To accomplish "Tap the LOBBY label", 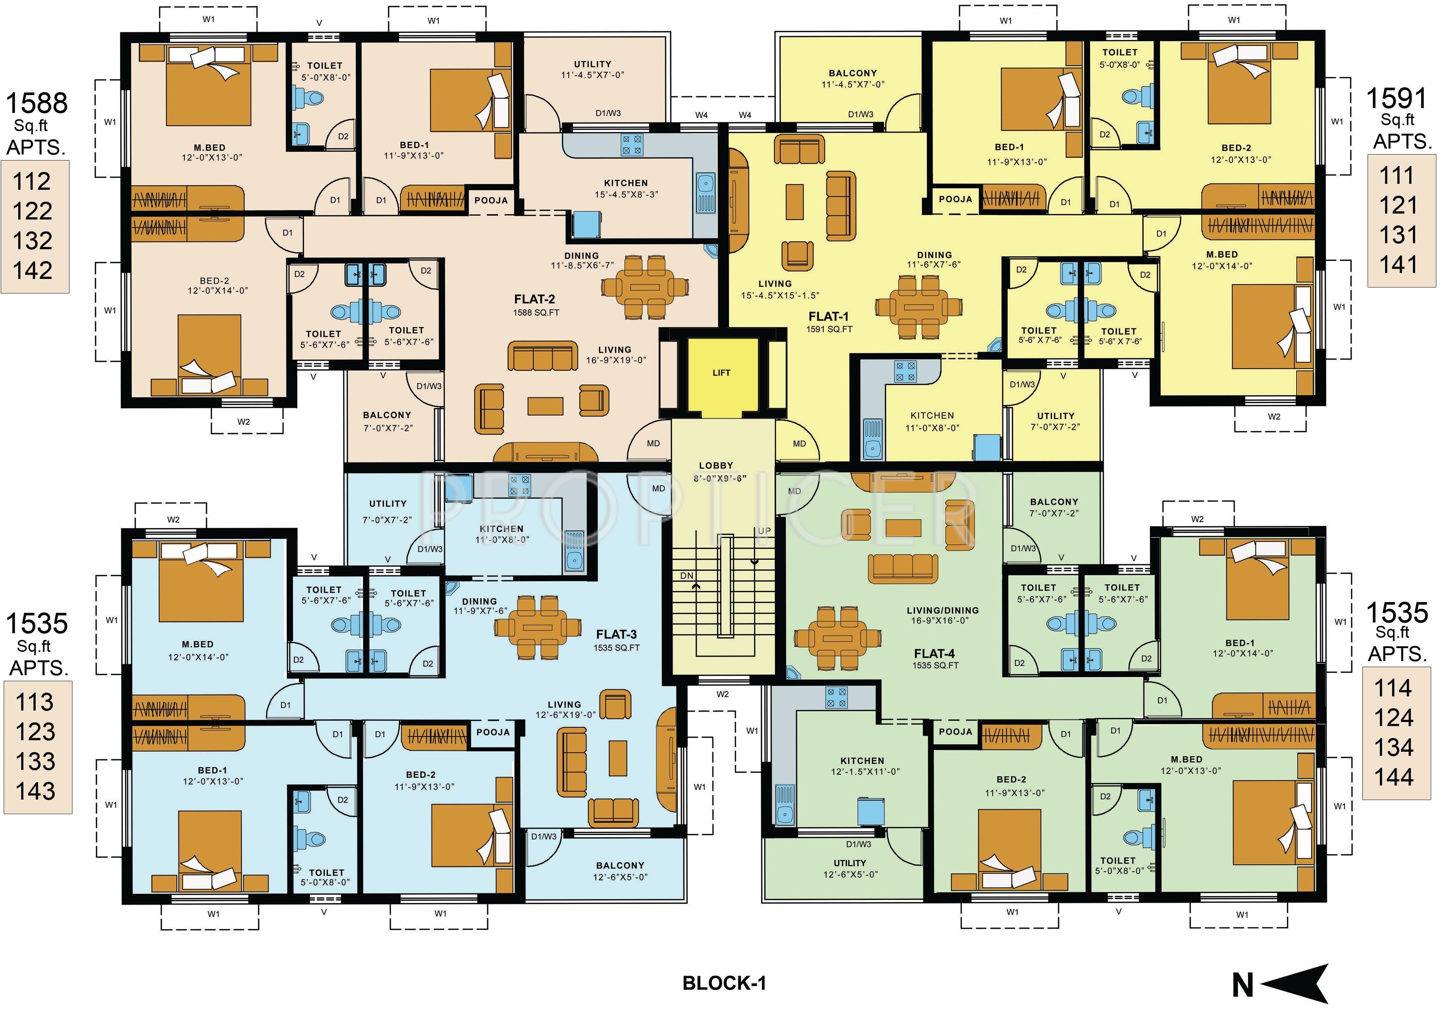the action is tap(716, 466).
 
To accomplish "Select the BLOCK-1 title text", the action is tap(724, 983).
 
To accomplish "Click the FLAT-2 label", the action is tap(534, 299).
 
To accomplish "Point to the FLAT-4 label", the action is tap(935, 653).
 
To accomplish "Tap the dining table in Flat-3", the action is tap(537, 627).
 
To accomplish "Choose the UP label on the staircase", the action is tap(764, 531).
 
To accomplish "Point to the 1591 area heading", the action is tap(1397, 99).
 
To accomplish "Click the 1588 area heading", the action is tap(36, 103).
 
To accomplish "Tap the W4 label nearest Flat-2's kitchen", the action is tap(702, 115).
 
